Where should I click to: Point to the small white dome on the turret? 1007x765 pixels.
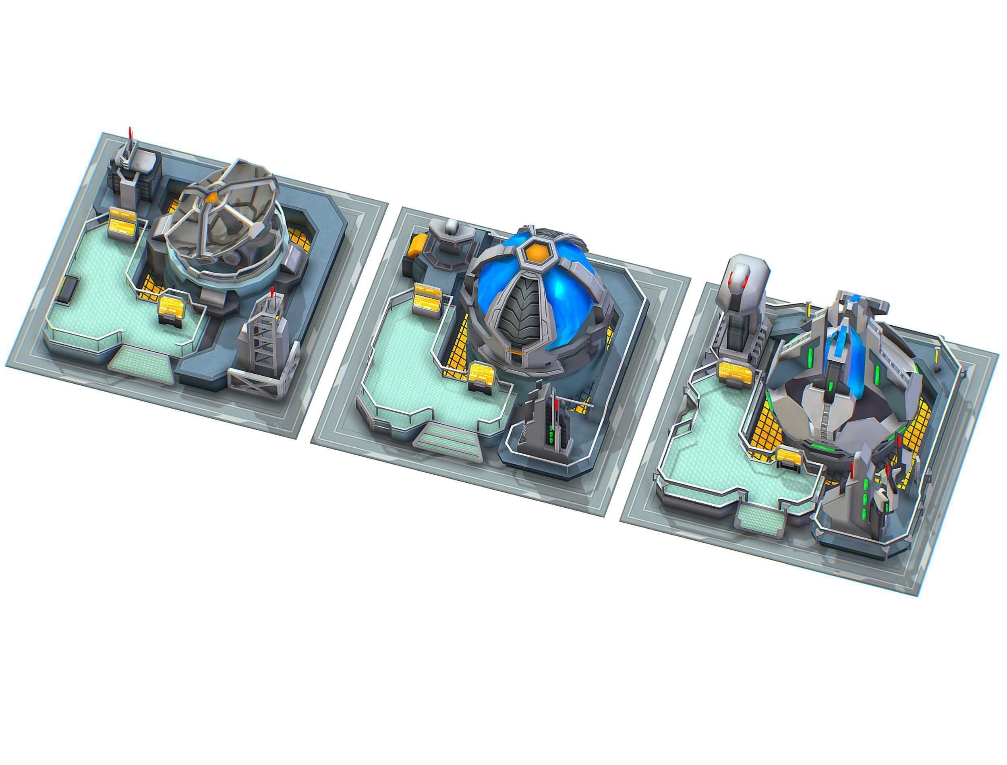(x=452, y=225)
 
